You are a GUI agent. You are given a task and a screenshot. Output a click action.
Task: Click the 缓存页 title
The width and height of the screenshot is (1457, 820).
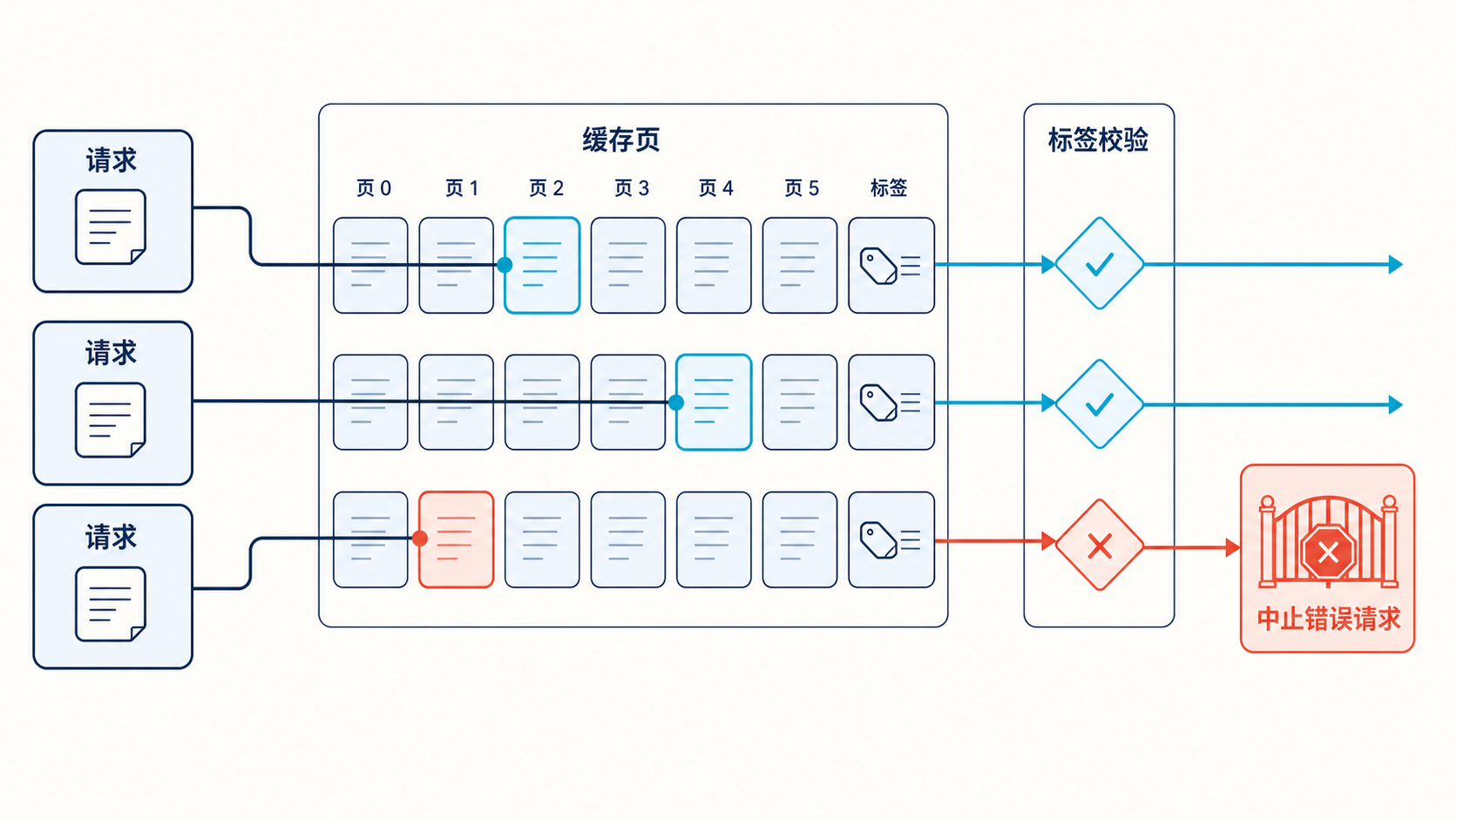tap(620, 139)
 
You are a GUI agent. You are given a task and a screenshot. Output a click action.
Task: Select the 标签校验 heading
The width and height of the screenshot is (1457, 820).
tap(1098, 139)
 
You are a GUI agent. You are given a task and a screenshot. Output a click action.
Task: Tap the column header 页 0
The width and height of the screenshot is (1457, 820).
tap(373, 188)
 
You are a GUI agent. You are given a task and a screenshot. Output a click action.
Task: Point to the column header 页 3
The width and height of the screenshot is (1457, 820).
tap(632, 188)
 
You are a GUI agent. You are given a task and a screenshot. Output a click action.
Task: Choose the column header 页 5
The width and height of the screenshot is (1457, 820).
tap(802, 188)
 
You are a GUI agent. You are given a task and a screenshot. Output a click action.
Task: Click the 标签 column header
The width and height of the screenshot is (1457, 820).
tap(889, 188)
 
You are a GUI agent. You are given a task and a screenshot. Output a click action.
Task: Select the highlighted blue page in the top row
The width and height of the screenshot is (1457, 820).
tap(542, 265)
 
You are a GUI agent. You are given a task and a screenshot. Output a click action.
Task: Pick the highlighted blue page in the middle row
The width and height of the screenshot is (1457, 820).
tap(714, 403)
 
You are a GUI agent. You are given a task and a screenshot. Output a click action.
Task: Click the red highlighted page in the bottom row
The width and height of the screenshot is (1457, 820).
tap(456, 539)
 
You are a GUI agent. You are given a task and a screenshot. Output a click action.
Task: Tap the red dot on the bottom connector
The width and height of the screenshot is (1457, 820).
tap(420, 539)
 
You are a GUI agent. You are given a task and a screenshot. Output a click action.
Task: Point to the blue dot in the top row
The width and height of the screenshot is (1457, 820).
tap(505, 265)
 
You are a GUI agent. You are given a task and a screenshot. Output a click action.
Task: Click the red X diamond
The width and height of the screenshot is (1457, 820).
tap(1099, 545)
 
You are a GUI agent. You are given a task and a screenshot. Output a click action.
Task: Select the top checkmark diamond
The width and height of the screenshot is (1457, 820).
tap(1099, 263)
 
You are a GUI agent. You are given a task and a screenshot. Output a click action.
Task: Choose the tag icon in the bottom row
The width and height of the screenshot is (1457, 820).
tap(878, 539)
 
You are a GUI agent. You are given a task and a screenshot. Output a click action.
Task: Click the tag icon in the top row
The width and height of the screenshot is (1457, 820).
tap(878, 266)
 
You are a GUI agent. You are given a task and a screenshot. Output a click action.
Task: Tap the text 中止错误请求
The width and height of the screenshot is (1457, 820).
tap(1328, 619)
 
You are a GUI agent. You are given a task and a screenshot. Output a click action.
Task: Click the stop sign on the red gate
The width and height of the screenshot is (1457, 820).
tap(1327, 552)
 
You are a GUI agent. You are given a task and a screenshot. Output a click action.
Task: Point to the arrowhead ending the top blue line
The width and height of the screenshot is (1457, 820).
tap(1395, 265)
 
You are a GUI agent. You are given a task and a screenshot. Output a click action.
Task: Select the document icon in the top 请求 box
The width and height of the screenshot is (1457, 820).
tap(111, 227)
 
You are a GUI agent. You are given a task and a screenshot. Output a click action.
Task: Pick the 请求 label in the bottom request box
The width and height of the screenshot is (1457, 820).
tap(112, 537)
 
